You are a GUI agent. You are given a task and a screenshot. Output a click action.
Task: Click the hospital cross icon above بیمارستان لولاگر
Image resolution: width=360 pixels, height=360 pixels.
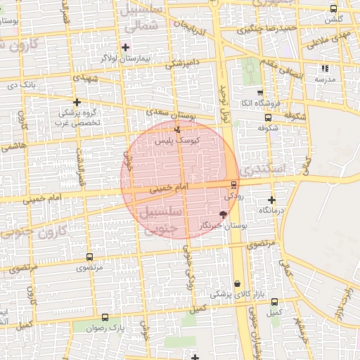coord(125,48)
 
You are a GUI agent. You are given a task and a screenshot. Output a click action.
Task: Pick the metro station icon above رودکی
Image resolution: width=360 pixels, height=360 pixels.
coord(233,185)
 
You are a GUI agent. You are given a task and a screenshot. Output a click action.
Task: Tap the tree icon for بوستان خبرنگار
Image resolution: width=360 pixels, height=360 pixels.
coord(224,214)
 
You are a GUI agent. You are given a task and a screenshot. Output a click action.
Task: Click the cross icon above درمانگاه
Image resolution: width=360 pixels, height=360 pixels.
coord(271,200)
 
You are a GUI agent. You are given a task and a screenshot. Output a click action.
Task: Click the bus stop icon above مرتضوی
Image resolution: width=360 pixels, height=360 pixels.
coord(89,257)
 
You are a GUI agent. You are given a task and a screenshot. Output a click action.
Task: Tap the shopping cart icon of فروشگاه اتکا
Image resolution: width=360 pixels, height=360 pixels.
coord(259,93)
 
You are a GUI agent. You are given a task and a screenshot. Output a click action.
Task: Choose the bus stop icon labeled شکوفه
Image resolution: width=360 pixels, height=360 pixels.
coord(266,117)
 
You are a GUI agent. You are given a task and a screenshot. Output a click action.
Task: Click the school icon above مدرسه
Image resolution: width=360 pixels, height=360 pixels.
coord(324,69)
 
